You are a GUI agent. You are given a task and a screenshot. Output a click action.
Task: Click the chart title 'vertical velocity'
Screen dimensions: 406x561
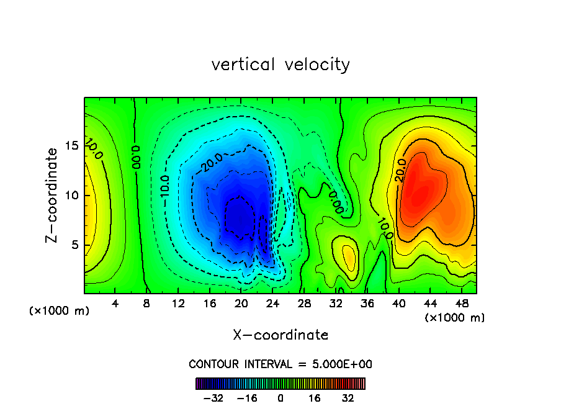[280, 65]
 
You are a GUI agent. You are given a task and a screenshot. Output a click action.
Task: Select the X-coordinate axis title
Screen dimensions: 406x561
[280, 335]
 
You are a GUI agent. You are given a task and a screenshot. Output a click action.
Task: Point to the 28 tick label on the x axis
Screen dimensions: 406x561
[304, 304]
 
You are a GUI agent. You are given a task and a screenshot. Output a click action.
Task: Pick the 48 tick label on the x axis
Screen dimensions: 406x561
[462, 304]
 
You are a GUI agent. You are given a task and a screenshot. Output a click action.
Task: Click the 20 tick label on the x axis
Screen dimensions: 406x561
[241, 304]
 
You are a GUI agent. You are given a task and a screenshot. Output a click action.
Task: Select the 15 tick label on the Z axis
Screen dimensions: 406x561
[71, 147]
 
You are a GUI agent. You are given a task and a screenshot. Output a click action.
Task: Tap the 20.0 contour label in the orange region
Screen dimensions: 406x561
[400, 171]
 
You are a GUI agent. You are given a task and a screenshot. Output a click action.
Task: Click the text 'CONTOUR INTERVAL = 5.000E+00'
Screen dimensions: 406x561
[280, 364]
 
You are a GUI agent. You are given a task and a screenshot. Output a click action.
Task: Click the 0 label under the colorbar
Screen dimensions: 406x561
[280, 398]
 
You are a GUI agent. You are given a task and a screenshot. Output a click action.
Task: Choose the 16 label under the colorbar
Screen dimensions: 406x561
[314, 398]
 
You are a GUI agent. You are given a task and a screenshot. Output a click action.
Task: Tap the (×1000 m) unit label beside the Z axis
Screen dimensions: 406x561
[60, 310]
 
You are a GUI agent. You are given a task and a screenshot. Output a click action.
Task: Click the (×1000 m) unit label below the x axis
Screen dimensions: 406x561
[455, 317]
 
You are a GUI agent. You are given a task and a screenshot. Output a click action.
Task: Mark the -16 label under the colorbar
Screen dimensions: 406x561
[246, 398]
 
